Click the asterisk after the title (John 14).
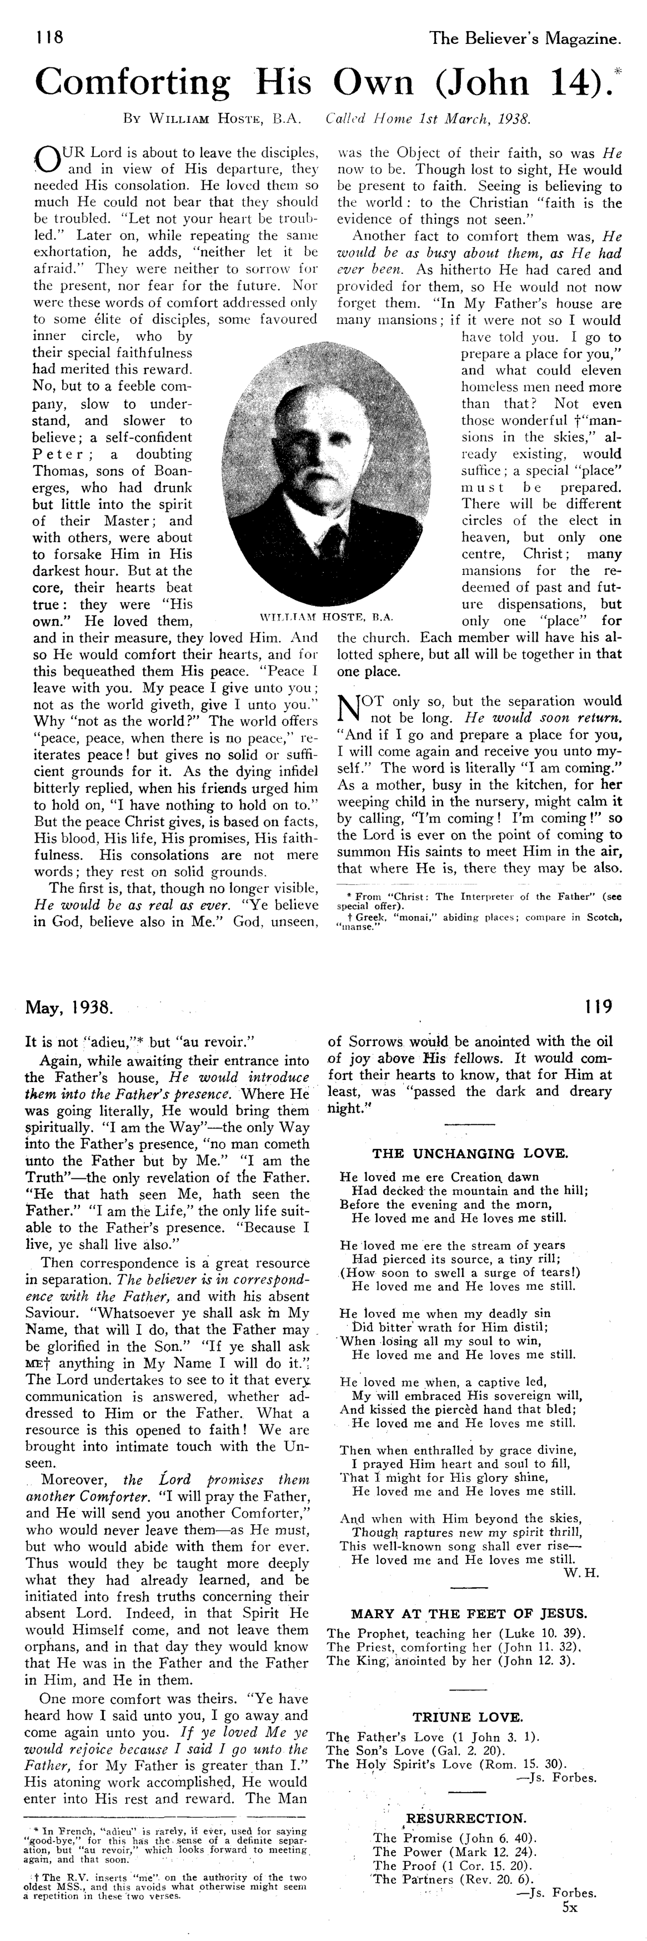pyautogui.click(x=618, y=70)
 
